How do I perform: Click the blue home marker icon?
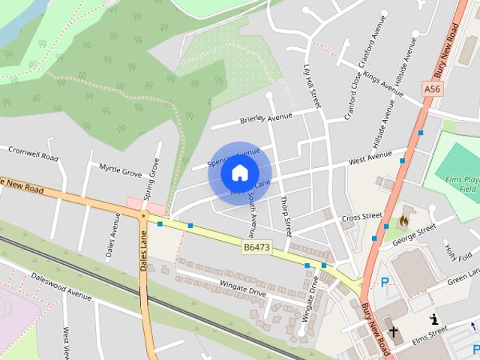[x=239, y=173]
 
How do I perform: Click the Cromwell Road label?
[x=33, y=154]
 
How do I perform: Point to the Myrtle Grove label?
[x=120, y=172]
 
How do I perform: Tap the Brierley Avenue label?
[x=265, y=118]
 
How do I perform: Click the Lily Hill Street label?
[x=311, y=86]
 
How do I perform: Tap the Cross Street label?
[x=361, y=217]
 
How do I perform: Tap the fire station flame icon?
[x=403, y=221]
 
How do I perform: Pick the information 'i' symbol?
[x=433, y=320]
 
